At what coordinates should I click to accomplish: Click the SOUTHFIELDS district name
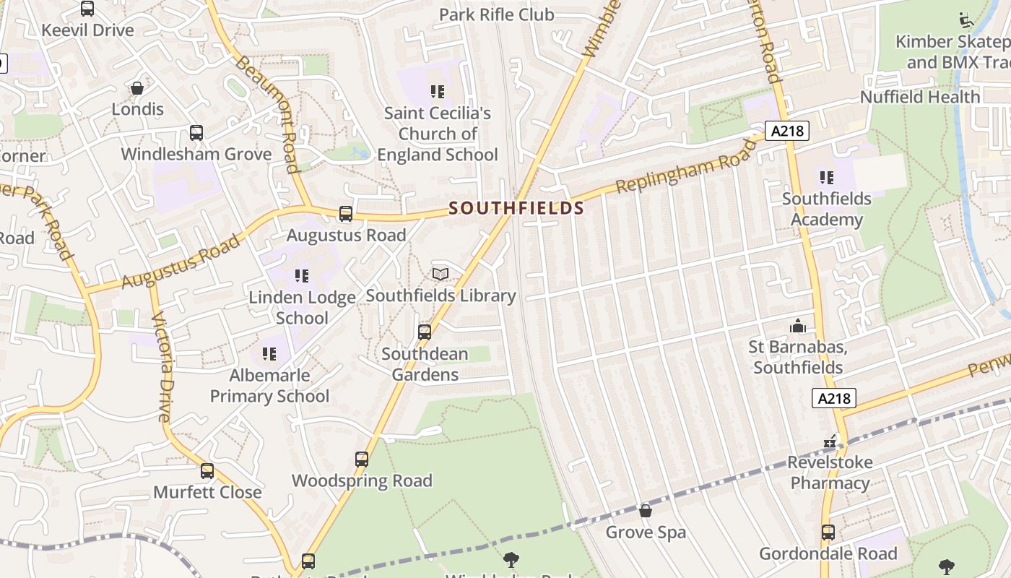(x=516, y=208)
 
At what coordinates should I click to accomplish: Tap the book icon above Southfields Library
(x=441, y=274)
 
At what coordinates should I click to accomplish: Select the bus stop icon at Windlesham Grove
(x=196, y=133)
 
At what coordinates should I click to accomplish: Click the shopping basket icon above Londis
(x=137, y=88)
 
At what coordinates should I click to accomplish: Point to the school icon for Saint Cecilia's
(x=438, y=92)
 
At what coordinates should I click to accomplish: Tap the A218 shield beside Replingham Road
(x=786, y=131)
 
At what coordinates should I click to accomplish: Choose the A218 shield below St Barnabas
(x=834, y=398)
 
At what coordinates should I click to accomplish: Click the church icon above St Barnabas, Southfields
(x=798, y=327)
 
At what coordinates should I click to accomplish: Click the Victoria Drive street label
(x=162, y=366)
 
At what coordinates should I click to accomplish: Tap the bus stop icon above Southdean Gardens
(x=425, y=332)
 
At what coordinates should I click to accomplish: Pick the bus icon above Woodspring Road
(x=362, y=460)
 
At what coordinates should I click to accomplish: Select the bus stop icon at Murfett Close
(x=207, y=471)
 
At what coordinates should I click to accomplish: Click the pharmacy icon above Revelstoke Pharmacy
(x=830, y=441)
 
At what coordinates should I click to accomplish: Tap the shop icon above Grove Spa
(x=646, y=511)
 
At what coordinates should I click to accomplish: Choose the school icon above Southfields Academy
(x=827, y=177)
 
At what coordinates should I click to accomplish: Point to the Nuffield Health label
(x=919, y=97)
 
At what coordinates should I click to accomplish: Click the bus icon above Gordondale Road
(x=828, y=532)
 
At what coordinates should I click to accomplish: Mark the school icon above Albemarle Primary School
(x=269, y=354)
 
